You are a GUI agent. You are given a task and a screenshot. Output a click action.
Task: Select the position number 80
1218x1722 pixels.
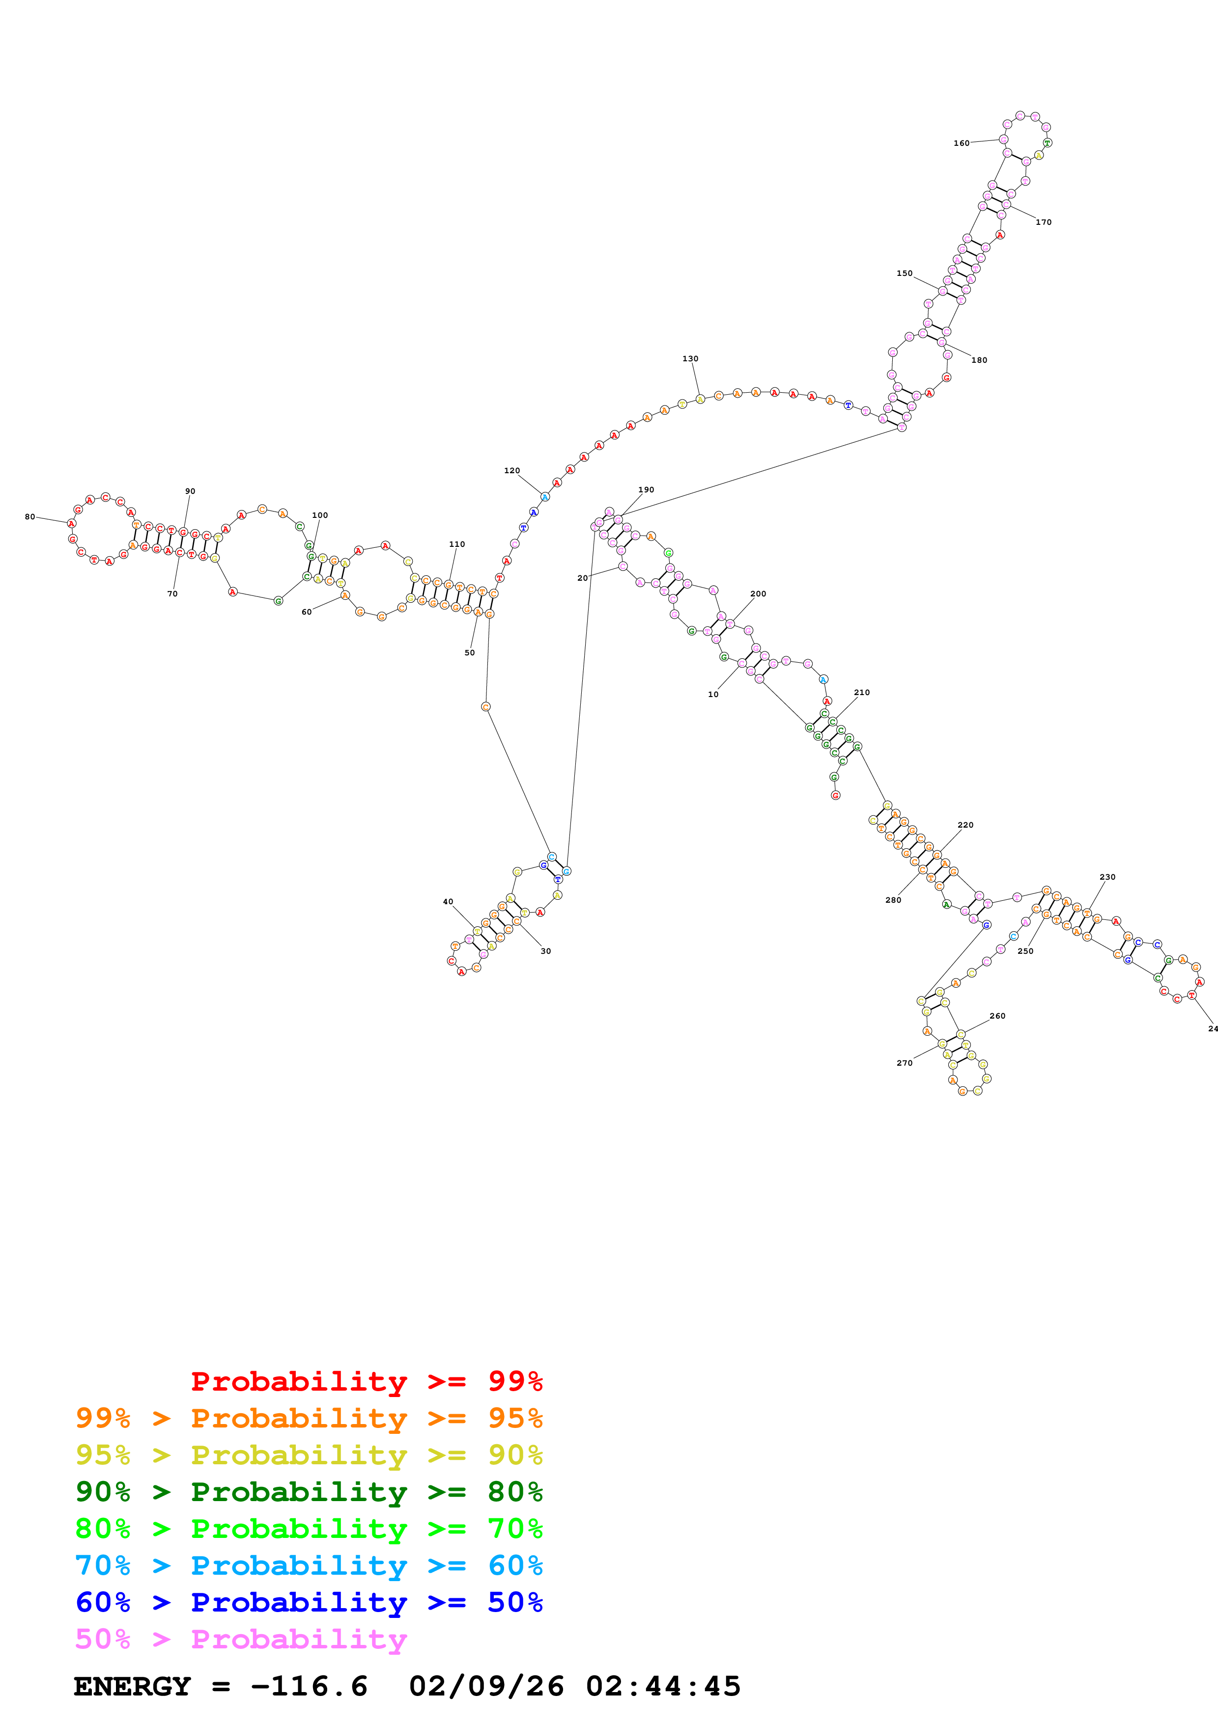click(x=30, y=517)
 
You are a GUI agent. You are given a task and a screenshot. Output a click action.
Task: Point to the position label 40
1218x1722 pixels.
click(x=448, y=902)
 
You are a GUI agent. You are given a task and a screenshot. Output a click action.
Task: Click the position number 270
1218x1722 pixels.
click(x=905, y=1063)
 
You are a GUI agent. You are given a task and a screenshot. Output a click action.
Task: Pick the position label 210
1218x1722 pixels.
click(x=861, y=692)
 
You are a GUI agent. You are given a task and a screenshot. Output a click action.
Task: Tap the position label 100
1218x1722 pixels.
click(x=320, y=515)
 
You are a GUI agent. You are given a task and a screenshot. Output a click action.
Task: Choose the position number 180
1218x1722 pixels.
click(x=979, y=360)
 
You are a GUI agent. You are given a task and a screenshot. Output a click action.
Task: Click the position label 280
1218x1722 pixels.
click(x=893, y=900)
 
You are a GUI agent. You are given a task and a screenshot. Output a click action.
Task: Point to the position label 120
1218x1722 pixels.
click(x=512, y=470)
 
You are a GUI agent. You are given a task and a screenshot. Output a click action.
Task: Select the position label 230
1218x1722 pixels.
click(x=1107, y=877)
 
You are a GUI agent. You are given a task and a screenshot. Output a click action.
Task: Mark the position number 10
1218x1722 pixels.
click(x=713, y=695)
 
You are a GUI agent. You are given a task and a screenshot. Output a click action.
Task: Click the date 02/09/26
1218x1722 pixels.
click(x=486, y=1687)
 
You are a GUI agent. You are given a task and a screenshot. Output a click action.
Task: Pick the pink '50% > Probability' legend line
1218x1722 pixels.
click(x=241, y=1640)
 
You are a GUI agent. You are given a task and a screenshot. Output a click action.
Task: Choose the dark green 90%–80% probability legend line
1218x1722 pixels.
click(x=309, y=1492)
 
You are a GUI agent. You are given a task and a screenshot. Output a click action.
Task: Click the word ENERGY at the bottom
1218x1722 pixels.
click(x=132, y=1687)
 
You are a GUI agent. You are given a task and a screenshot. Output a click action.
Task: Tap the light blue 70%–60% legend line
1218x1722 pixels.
click(x=309, y=1566)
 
